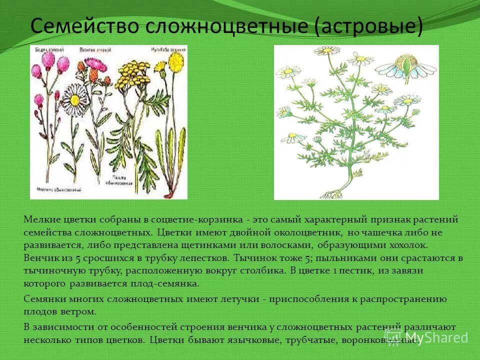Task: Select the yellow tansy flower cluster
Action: point(127,75)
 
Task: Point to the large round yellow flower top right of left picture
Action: point(175,62)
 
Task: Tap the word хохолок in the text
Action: point(410,245)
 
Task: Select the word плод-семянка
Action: point(170,283)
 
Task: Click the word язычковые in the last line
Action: point(242,340)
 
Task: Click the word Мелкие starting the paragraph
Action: point(42,220)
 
